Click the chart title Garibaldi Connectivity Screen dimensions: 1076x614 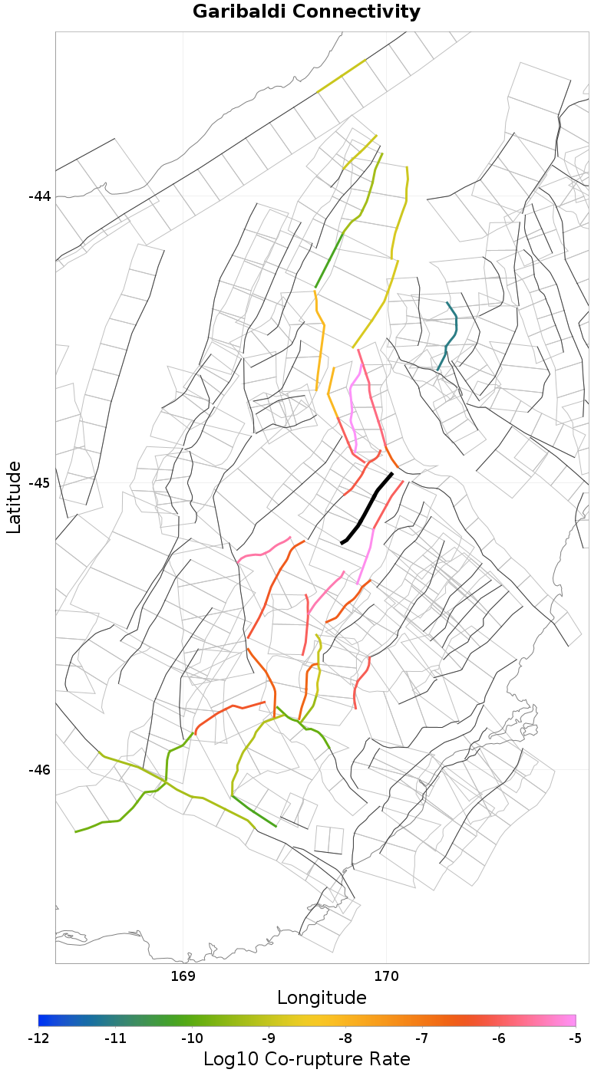click(x=306, y=12)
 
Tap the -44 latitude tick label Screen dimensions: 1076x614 click(x=39, y=196)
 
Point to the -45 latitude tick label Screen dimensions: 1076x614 click(x=39, y=483)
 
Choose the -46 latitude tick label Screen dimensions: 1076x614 click(x=39, y=770)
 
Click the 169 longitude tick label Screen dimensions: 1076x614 click(x=183, y=976)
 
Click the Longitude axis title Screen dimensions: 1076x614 click(x=322, y=998)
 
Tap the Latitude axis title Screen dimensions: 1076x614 click(x=14, y=497)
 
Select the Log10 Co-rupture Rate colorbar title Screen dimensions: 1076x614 click(x=306, y=1059)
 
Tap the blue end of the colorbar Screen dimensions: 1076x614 click(x=43, y=1020)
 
